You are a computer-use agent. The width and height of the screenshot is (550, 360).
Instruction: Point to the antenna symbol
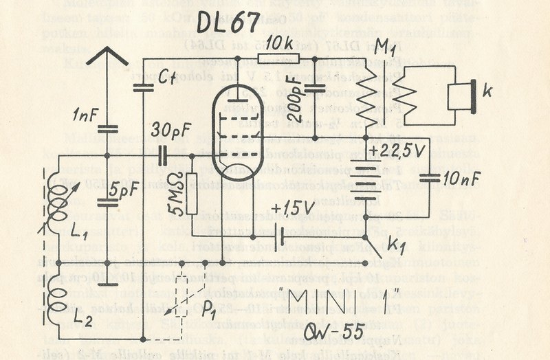coord(107,55)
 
